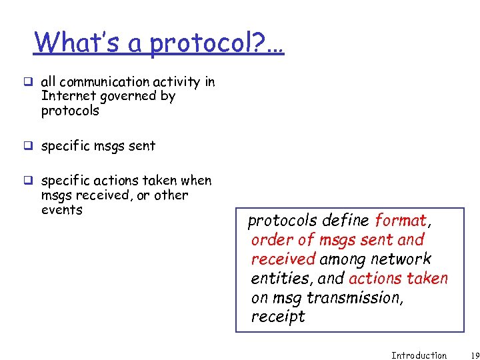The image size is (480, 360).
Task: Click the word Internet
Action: [65, 96]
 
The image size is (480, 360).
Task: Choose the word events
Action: [61, 210]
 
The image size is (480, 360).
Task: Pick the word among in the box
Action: [343, 259]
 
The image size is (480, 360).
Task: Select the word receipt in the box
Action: [277, 317]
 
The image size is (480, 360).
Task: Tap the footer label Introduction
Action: [419, 355]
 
